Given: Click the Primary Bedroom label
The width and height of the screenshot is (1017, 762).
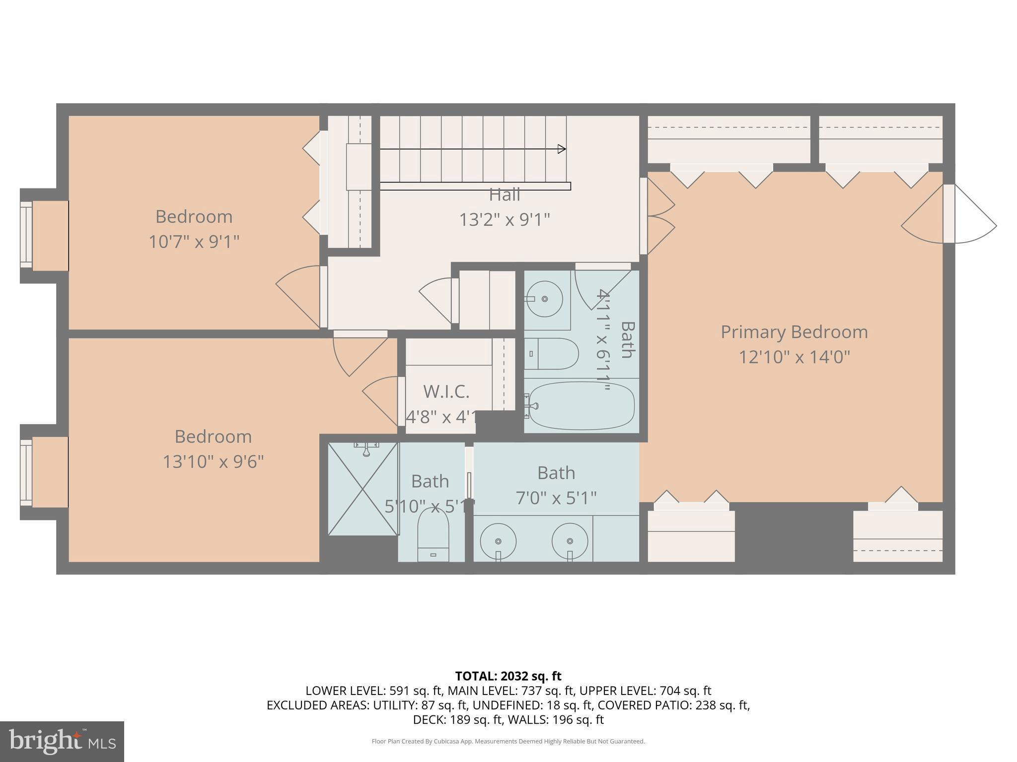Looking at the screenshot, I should point(794,332).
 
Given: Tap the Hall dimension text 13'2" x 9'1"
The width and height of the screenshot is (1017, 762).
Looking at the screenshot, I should point(504,219).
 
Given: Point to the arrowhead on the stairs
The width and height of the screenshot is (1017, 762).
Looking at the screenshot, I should point(562,149).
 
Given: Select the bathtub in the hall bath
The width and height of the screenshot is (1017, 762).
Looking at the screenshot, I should point(581,405).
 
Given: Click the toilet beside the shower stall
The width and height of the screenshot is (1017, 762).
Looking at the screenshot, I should point(433,536).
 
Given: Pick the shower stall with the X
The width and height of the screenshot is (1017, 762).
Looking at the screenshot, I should point(363,489).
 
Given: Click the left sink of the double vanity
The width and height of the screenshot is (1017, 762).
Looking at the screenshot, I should point(498,541).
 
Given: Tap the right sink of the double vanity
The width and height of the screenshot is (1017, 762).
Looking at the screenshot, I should point(570,541).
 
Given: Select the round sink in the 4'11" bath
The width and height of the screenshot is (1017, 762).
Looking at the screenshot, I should point(544,299).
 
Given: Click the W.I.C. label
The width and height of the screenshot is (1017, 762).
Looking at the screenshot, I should point(446,391).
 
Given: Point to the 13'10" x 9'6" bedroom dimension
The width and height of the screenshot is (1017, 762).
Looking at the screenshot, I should point(213,462).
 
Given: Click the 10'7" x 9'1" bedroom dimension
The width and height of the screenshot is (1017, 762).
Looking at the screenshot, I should point(194,242).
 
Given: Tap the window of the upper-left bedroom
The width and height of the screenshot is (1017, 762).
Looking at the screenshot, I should point(26,236).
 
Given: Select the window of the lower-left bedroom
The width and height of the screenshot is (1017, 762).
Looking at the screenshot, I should point(26,472).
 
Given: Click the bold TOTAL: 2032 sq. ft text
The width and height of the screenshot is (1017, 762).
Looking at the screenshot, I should point(508,676).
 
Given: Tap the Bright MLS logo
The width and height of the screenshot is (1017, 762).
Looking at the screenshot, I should point(62,742).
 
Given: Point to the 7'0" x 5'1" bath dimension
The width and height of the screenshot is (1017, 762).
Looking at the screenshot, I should point(556,498).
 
